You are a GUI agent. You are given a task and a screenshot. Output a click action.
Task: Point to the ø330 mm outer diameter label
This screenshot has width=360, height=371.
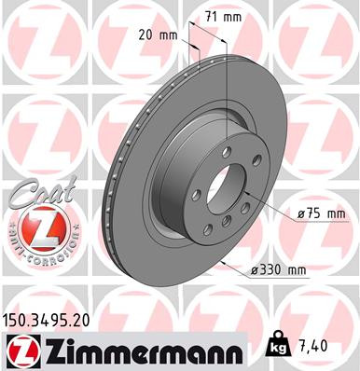[279, 270]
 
